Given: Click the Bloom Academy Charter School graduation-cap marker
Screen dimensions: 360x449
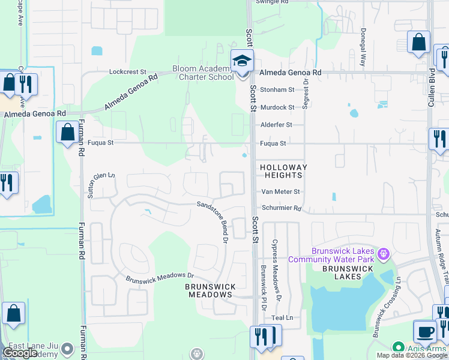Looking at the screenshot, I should point(243,62).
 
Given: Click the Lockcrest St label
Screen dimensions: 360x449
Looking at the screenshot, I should point(127,71).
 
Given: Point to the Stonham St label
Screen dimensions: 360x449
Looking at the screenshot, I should point(277,89).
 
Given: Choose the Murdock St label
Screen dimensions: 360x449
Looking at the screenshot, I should point(277,107).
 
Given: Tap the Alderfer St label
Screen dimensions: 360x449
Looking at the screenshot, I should point(276,125).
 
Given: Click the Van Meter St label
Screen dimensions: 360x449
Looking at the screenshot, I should point(280,191).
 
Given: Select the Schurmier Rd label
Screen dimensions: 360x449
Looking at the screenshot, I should point(281,209).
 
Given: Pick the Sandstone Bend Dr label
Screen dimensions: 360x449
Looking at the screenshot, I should point(213,221).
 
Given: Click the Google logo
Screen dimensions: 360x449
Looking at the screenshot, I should point(21,353).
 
